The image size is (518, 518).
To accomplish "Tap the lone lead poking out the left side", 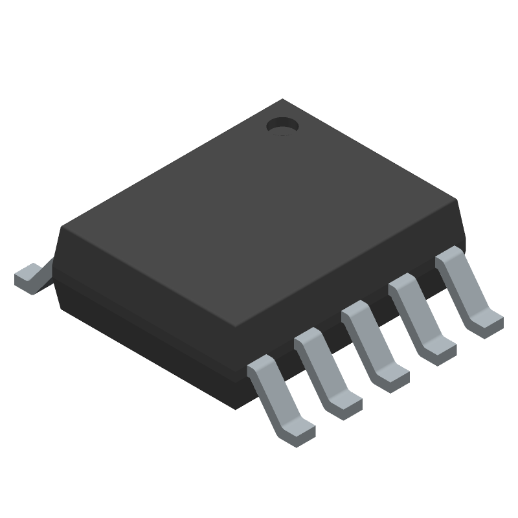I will point(30,276).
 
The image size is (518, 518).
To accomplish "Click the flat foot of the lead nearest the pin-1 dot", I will point(487,324).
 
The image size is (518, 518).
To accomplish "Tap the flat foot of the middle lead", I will point(392,379).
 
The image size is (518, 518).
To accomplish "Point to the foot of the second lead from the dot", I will point(440,350).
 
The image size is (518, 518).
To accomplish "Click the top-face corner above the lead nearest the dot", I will point(457,201).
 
